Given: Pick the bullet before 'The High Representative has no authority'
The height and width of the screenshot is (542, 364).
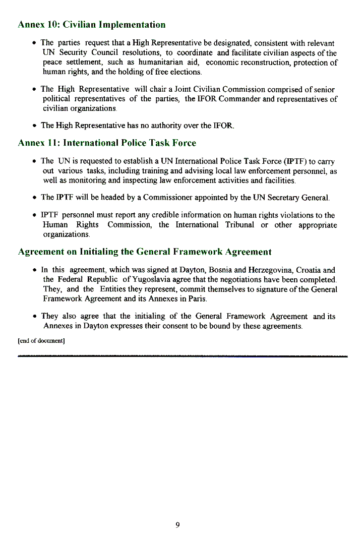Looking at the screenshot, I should click(x=33, y=126).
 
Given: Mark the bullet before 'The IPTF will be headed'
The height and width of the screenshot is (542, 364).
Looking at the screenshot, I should click(x=33, y=198).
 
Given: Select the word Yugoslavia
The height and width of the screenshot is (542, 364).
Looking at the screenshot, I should click(x=151, y=279).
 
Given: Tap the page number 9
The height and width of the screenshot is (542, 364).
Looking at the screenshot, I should click(x=177, y=525).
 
